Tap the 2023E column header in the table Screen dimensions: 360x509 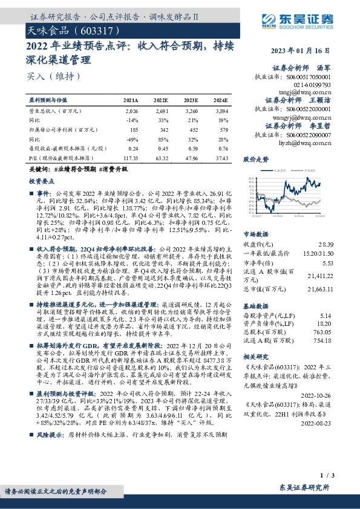[x=191, y=99]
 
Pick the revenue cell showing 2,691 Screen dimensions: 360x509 [x=162, y=111]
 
